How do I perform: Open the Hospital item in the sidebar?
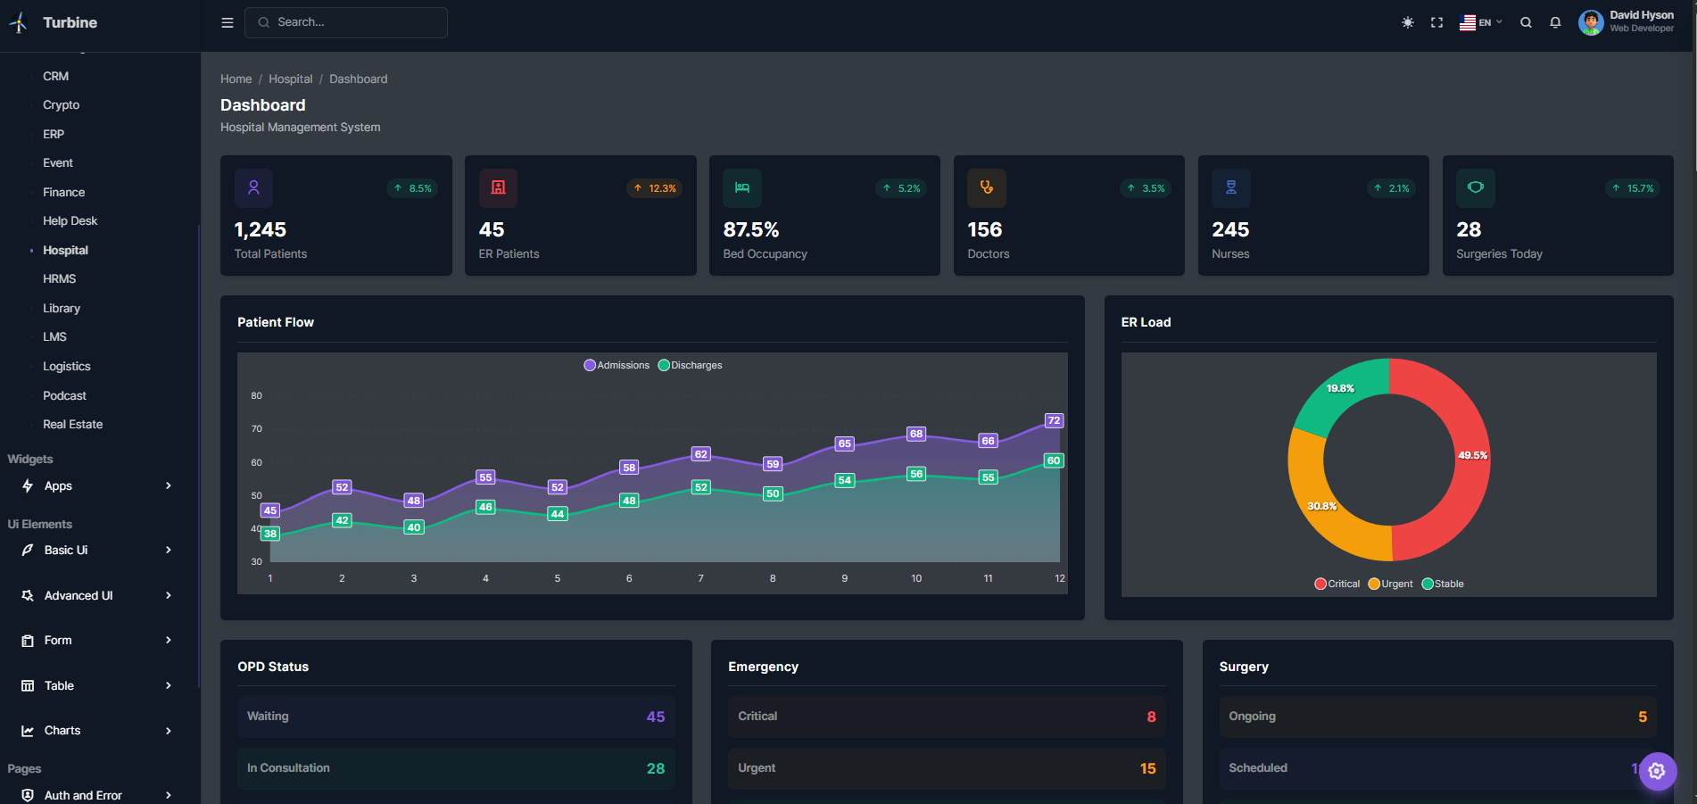[65, 250]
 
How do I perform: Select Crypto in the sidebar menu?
[61, 105]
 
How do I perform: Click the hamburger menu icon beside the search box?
[228, 22]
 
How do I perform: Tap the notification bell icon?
[1555, 22]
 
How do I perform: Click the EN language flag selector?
[1479, 22]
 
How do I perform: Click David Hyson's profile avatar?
[1590, 22]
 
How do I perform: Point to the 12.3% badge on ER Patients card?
[655, 188]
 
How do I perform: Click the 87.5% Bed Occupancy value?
[750, 230]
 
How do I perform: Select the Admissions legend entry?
[617, 365]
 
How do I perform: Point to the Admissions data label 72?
[1054, 420]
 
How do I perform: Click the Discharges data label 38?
[270, 534]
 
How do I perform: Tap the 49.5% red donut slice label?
[1472, 455]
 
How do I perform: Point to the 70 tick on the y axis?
[257, 429]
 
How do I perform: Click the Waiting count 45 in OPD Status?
[656, 717]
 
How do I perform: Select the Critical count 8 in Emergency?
[1151, 717]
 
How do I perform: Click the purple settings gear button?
[1657, 771]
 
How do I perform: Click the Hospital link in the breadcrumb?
[291, 79]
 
